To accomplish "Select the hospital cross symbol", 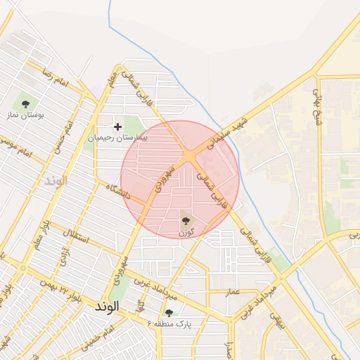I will pos(117,127).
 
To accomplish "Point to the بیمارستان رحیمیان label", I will pos(117,139).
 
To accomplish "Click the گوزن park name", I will pos(186,231).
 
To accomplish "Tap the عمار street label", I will pos(233,292).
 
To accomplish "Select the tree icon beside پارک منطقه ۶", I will pos(169,313).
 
